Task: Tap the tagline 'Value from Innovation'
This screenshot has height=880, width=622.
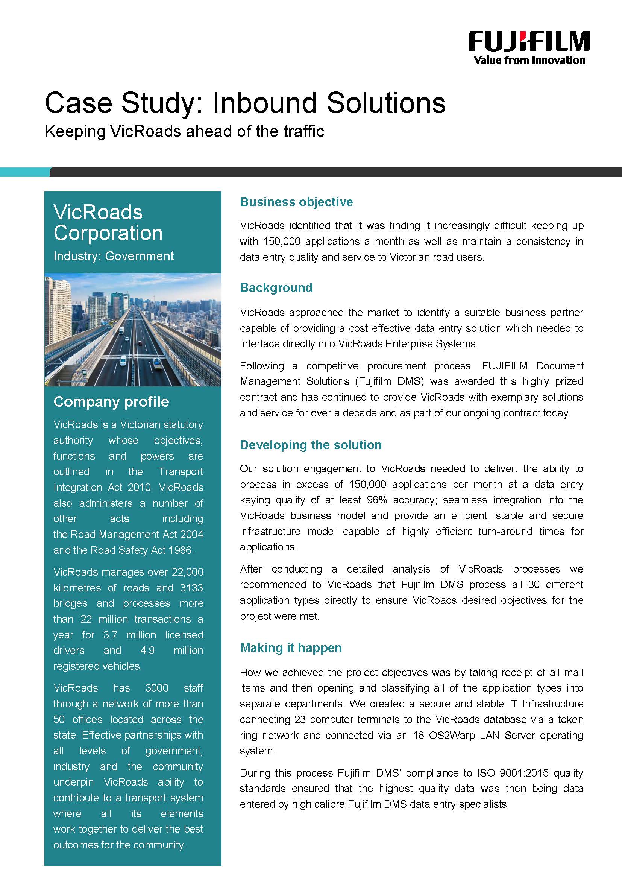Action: pos(529,60)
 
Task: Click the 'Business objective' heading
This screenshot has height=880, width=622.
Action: pos(296,202)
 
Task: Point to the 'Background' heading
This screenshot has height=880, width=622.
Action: pos(276,288)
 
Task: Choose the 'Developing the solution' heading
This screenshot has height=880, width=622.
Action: pos(311,445)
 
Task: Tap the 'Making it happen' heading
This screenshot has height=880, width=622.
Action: pos(291,648)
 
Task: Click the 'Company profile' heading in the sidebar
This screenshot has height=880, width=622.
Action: pos(111,402)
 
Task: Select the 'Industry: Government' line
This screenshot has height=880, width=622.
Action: pos(113,256)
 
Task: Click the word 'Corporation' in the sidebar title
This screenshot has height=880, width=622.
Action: pos(108,233)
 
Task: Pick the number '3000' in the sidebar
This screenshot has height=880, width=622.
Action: pos(157,688)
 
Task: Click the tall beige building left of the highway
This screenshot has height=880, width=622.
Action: pos(58,310)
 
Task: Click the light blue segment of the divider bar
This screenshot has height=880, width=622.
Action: pos(24,172)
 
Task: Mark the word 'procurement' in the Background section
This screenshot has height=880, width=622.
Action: pos(396,366)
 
